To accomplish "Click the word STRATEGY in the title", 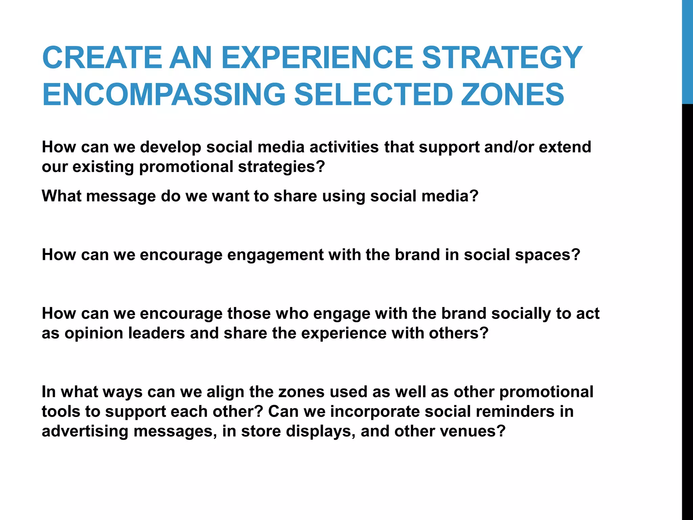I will pyautogui.click(x=502, y=58).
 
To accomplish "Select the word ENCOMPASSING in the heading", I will pyautogui.click(x=164, y=95).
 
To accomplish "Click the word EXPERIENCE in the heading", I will pyautogui.click(x=317, y=58).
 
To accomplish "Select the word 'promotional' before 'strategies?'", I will pyautogui.click(x=186, y=167).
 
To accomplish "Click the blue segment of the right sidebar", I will pyautogui.click(x=687, y=51).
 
